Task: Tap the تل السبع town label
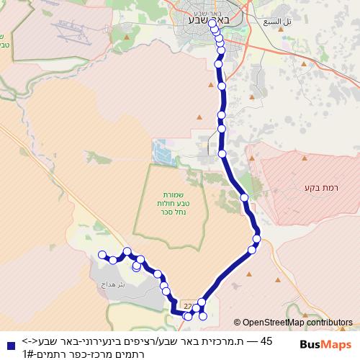278,22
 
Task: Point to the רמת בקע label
311,188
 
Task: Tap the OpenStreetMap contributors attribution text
292,323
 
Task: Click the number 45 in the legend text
266,341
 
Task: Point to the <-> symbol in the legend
30,341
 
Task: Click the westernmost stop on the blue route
102,254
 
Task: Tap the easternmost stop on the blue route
256,238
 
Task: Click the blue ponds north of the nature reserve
159,150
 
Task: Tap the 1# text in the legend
27,354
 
